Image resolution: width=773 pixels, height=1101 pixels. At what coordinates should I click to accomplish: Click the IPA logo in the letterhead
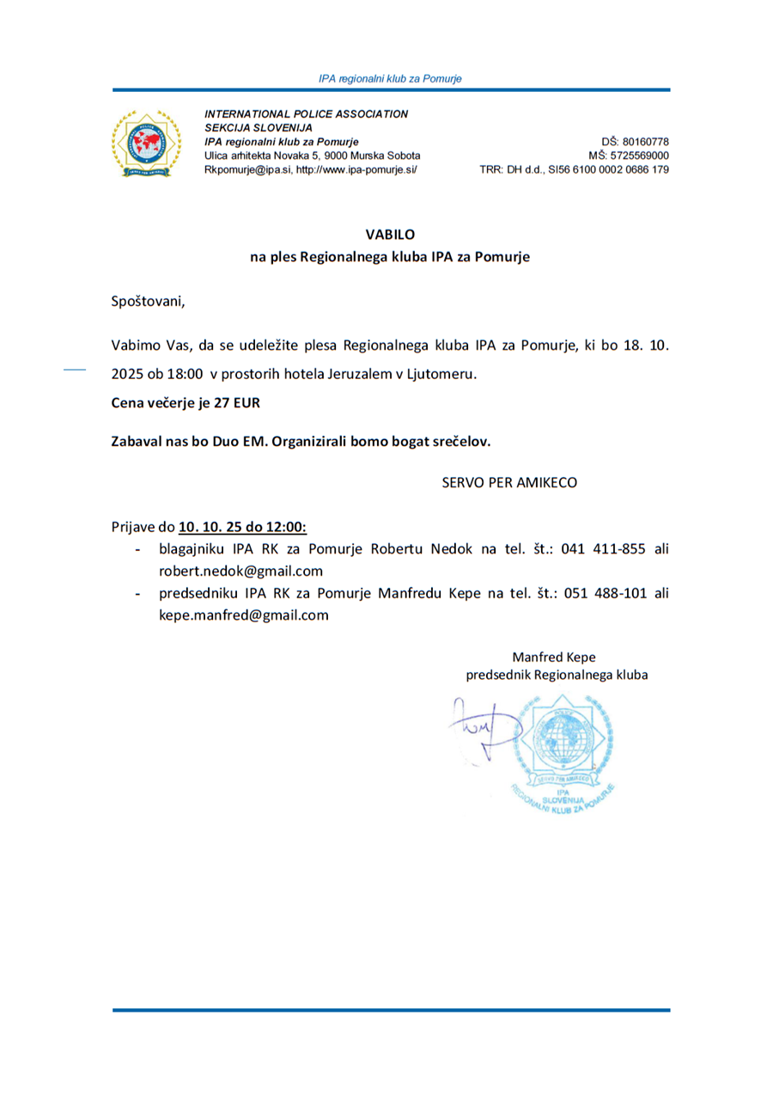point(148,142)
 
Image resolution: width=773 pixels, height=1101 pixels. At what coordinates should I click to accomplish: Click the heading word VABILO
point(389,233)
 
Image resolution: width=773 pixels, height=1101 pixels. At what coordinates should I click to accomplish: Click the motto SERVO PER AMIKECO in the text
point(509,482)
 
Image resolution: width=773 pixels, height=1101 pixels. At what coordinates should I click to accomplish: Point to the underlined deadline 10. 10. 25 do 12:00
point(243,526)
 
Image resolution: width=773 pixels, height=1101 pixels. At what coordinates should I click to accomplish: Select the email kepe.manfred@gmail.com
point(244,615)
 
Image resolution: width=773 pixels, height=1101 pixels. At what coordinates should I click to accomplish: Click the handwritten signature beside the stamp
point(477,726)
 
